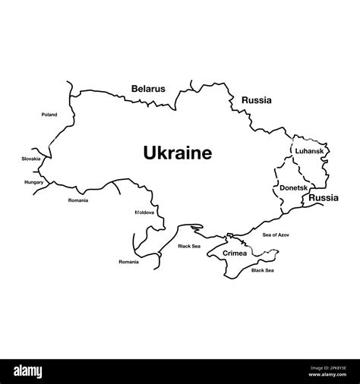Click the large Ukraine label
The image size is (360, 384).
[x=178, y=153]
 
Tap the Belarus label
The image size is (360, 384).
[x=148, y=89]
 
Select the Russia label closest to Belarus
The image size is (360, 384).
[x=257, y=99]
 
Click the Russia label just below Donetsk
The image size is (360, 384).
[x=324, y=197]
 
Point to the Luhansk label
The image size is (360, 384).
[x=310, y=151]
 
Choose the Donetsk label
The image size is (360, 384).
[x=294, y=187]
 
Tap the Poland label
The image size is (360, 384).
[x=49, y=115]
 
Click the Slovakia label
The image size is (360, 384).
[x=31, y=159]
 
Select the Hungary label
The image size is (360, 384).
[x=34, y=182]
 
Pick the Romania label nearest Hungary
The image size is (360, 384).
[x=78, y=200]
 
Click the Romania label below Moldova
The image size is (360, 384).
[x=128, y=262]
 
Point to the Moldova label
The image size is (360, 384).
[x=144, y=212]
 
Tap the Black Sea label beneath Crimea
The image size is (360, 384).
[x=263, y=270]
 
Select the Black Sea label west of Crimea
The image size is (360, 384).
[x=189, y=246]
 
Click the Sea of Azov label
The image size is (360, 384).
[x=276, y=235]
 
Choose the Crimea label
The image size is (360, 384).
[x=235, y=253]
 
